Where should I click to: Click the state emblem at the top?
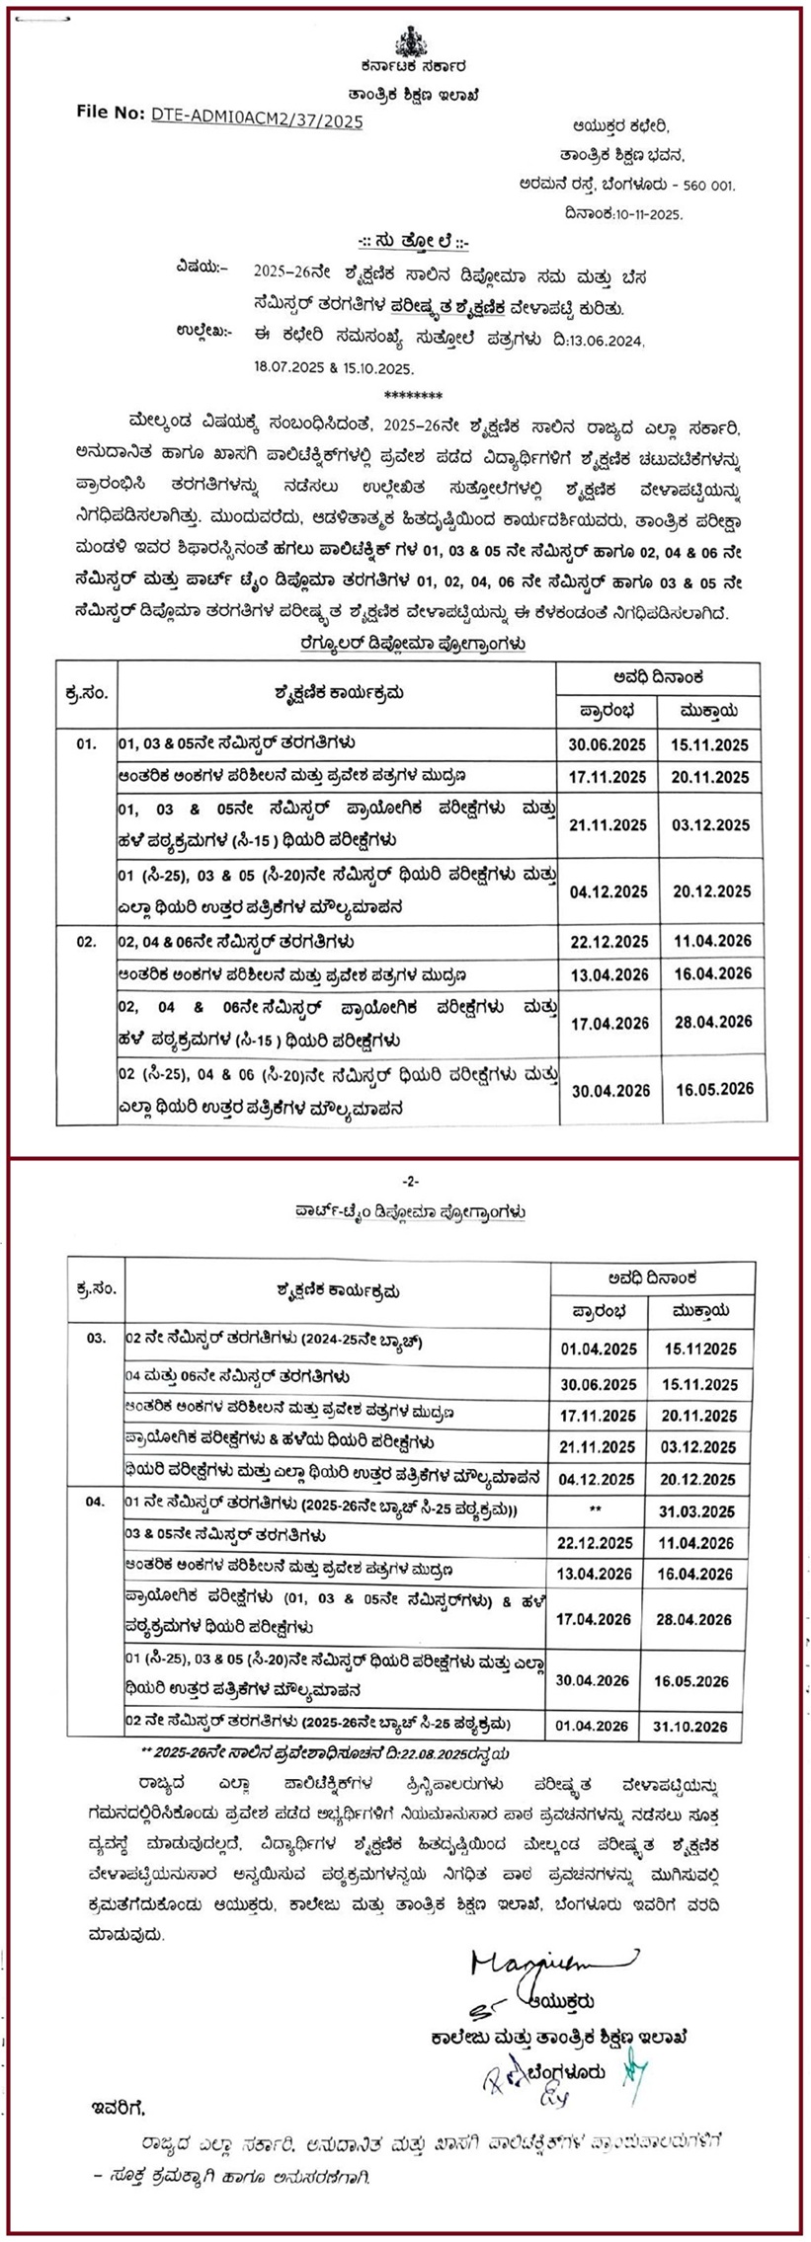coord(407,44)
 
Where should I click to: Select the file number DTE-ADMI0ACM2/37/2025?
coord(257,120)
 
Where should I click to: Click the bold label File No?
coord(111,113)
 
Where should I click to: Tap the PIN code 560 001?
coord(704,185)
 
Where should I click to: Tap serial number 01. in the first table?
coord(87,742)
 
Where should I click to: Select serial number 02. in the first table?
coord(87,942)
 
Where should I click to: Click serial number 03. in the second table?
coord(96,1338)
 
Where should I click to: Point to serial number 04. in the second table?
coord(95,1502)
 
